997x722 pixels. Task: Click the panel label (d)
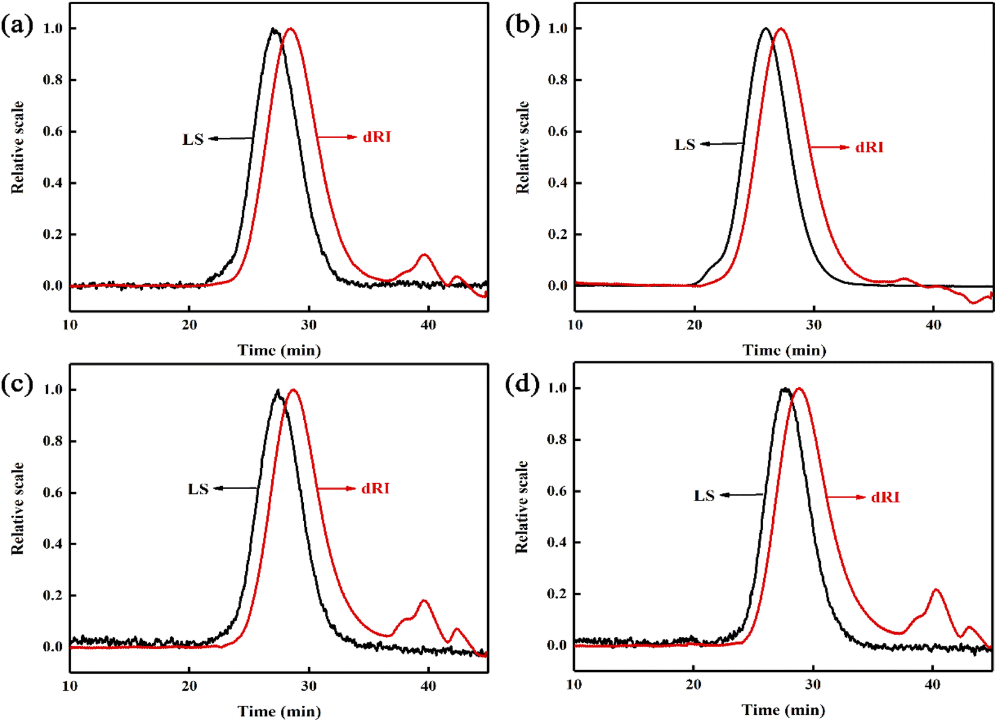521,384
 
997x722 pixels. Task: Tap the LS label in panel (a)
193,139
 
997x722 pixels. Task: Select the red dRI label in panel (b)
869,147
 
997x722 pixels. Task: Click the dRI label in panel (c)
375,488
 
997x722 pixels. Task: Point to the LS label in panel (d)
703,496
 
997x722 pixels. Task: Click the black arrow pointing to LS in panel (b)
721,144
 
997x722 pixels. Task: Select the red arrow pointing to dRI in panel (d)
845,497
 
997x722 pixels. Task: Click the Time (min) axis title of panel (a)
279,350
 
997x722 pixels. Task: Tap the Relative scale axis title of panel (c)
17,508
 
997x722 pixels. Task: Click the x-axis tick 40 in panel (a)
428,325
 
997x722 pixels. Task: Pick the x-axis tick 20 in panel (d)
693,685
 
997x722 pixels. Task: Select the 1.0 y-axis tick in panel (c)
52,390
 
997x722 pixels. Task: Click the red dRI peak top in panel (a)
291,28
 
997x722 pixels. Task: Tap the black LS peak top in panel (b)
766,28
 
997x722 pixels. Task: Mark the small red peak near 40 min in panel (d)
936,590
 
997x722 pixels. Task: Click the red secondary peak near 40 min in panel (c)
424,601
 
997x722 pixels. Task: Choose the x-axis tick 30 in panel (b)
813,325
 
